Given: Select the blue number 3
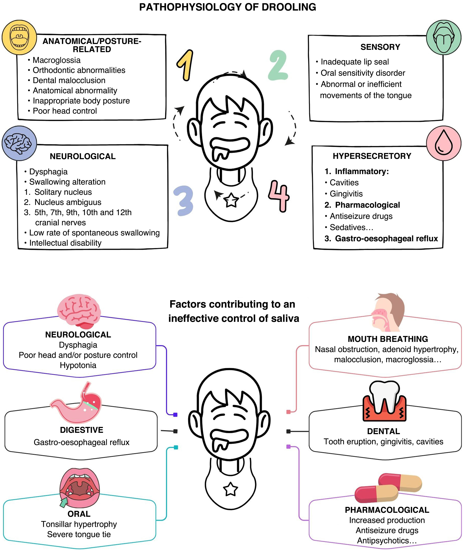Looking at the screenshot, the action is coord(184,201).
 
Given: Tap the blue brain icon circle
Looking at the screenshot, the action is coord(19,143).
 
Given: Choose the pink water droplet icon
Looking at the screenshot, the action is coord(444,143).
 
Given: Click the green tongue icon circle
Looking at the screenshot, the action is coord(444,37).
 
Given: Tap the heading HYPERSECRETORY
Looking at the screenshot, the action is coord(372,156).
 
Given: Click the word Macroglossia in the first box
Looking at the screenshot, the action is coord(57,60).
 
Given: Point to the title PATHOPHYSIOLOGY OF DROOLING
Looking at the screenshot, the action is coord(228,7).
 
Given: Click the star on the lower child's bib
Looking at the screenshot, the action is coord(230,489).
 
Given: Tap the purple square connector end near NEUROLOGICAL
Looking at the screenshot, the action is coord(175,415).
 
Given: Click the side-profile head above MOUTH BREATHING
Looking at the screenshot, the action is coord(388,312).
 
